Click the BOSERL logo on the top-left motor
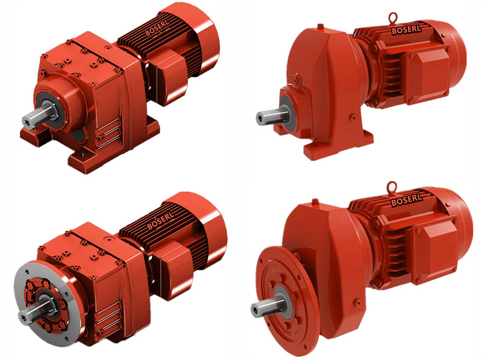(157, 28)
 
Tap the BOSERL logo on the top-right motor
(406, 29)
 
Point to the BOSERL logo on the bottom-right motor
(406, 199)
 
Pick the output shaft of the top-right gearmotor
(272, 116)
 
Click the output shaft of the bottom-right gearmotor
(267, 306)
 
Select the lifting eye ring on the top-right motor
(393, 18)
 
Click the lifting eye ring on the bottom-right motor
(391, 187)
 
